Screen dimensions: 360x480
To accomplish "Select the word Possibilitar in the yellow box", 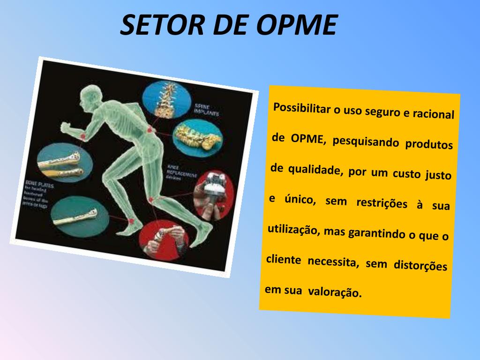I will (x=301, y=109).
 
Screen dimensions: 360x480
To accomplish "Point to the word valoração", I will (x=335, y=292).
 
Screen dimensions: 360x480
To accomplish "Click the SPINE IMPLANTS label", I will (x=206, y=110).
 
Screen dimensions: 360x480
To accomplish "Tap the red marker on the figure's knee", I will (x=151, y=200).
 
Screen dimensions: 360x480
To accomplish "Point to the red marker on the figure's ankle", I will (x=132, y=220).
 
